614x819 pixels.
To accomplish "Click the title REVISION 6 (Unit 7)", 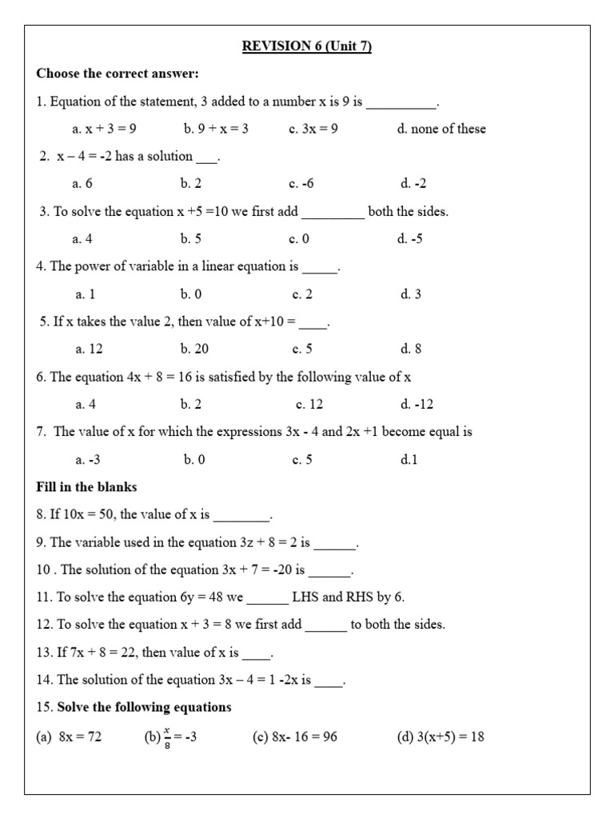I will click(307, 46).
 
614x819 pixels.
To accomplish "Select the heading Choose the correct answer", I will click(118, 74).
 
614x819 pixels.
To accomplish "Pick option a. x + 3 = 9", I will click(105, 129).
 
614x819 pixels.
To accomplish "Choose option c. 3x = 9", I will click(313, 129).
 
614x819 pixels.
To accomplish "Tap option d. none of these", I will click(441, 129).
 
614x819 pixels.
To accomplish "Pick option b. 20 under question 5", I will click(195, 349).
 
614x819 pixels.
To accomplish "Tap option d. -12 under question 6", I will click(417, 404).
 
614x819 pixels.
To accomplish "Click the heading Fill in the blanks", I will click(86, 486).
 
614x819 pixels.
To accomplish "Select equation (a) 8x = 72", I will click(69, 737).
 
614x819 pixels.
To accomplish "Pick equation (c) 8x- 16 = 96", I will click(294, 737).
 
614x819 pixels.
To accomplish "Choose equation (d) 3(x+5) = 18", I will click(441, 737).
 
